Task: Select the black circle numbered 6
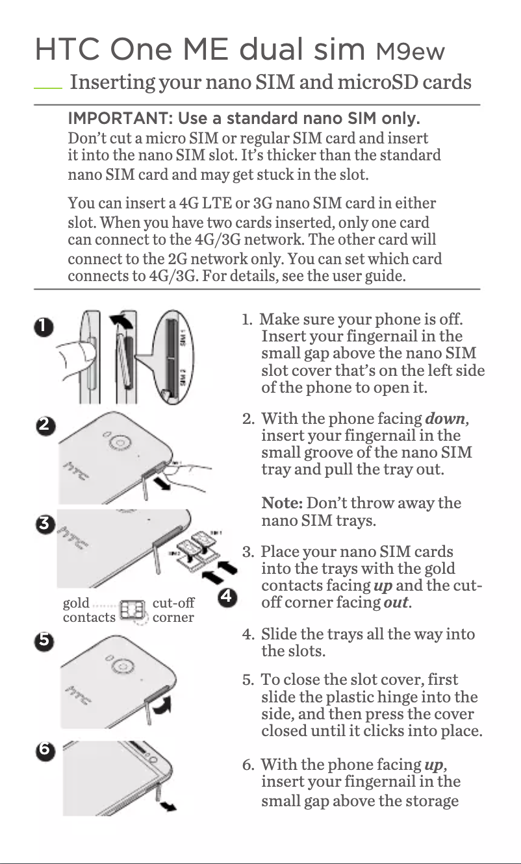[x=44, y=748]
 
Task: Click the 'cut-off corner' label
[x=173, y=610]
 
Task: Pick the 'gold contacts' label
[x=88, y=610]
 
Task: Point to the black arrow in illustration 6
[x=168, y=806]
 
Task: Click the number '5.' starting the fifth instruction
[x=248, y=680]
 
